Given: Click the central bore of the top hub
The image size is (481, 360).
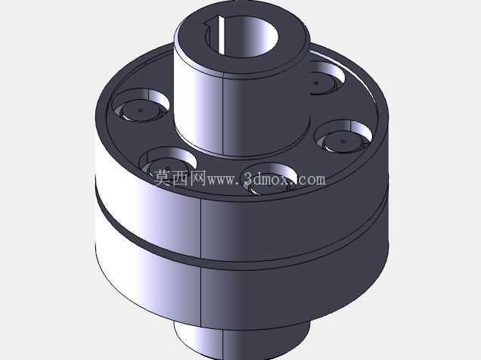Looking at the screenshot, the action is [241, 36].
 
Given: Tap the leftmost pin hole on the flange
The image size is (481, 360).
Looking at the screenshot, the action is [141, 105].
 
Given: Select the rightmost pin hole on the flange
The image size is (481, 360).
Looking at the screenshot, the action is [343, 137].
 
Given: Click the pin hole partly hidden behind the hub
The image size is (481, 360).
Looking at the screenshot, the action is [326, 78].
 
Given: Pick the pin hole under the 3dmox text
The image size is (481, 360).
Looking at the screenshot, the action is [271, 178].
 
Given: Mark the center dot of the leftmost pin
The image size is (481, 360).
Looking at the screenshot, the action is [141, 110].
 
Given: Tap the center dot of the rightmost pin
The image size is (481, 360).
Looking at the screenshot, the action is [343, 141].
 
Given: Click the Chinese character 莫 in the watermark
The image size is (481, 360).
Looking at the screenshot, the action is [162, 178].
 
